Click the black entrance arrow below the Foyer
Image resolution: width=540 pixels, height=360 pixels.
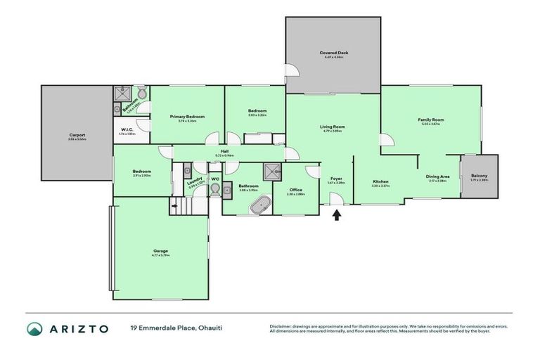pyautogui.click(x=336, y=215)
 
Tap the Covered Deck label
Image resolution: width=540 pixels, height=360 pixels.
pyautogui.click(x=333, y=53)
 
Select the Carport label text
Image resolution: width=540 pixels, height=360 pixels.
pyautogui.click(x=77, y=134)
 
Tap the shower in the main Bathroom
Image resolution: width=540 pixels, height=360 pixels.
pyautogui.click(x=271, y=171)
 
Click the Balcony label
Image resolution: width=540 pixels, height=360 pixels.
pyautogui.click(x=479, y=176)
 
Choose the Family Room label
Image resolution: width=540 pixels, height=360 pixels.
pyautogui.click(x=431, y=120)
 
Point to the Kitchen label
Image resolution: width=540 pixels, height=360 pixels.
pyautogui.click(x=380, y=181)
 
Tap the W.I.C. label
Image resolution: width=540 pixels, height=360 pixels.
pyautogui.click(x=127, y=129)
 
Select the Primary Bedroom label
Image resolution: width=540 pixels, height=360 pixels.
pyautogui.click(x=187, y=116)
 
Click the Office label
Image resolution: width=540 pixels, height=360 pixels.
pyautogui.click(x=296, y=190)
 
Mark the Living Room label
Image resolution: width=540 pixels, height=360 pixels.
pyautogui.click(x=333, y=127)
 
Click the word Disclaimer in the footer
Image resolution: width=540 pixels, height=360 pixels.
pyautogui.click(x=283, y=326)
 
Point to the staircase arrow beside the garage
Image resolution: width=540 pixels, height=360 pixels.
pyautogui.click(x=173, y=206)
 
